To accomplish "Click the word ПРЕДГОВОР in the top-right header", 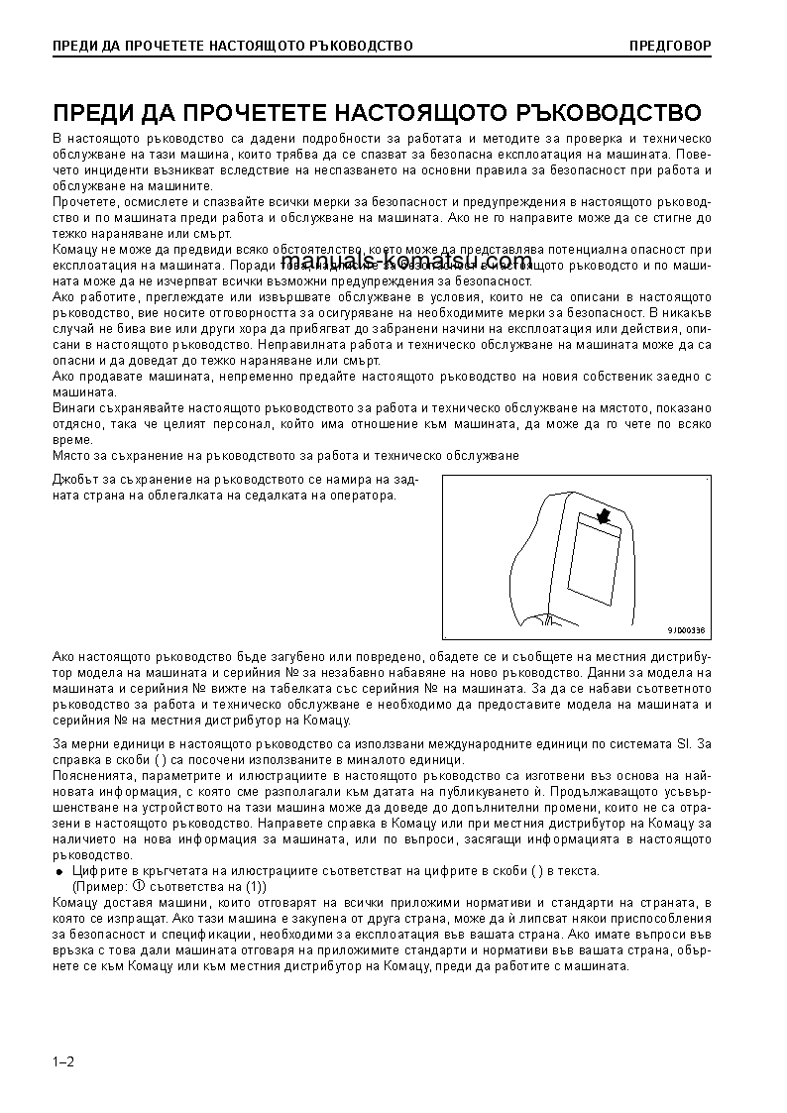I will (x=670, y=46).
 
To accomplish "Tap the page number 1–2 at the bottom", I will (x=63, y=1061).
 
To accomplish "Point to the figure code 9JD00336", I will (x=685, y=630).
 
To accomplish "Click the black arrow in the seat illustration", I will (x=603, y=515).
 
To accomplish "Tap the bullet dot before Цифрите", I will (x=58, y=871).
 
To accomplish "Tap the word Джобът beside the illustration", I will (x=75, y=481).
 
